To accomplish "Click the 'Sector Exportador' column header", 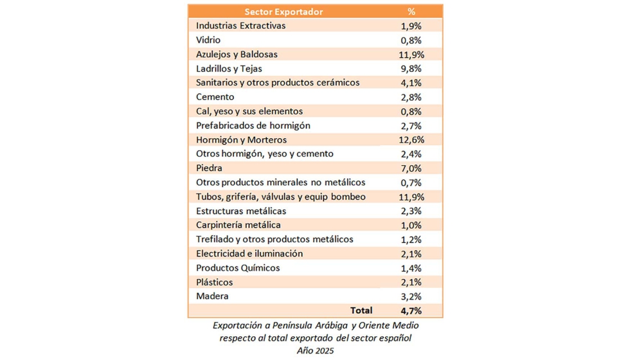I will tap(283, 12).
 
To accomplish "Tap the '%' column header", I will tap(411, 12).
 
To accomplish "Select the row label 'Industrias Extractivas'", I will tap(240, 26).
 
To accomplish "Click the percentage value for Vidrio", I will tap(411, 40).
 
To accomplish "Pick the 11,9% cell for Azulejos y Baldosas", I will tap(411, 54).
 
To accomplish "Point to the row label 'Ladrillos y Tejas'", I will tap(229, 68).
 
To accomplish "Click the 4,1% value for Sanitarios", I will tap(411, 82).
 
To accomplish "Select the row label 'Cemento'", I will tap(215, 97).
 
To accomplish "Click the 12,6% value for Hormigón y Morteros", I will tap(411, 139).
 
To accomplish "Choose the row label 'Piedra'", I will tap(210, 168).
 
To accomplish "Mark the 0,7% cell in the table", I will tap(411, 183).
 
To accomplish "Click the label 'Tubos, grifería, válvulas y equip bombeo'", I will tap(281, 197).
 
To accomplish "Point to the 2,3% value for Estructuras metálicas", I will tap(411, 211).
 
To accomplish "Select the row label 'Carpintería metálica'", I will tap(239, 225).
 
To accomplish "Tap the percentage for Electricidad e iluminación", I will tap(411, 253).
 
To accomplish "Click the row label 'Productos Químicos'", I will tap(238, 268).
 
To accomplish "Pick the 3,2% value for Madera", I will tap(411, 296).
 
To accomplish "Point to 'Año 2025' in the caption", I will tap(315, 350).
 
